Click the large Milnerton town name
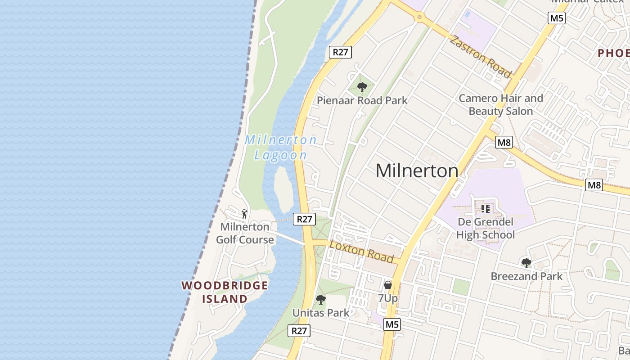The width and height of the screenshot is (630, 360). pos(417,171)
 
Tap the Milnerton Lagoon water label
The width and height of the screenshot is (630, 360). pos(281,148)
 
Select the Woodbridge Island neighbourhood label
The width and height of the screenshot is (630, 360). pos(225,292)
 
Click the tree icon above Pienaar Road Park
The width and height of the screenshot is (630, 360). pos(362,87)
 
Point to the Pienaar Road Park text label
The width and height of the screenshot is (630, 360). pos(362,100)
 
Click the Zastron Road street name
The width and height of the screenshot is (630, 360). pos(481,56)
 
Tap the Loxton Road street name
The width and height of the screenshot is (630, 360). pos(362,252)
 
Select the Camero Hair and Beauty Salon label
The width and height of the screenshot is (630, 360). pos(501,104)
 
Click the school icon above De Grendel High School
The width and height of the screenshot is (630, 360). pos(485,208)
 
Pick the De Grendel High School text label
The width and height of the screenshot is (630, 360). pos(486,228)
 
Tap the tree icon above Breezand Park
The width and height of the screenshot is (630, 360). pos(526,263)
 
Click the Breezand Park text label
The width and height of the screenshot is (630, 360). pos(526,276)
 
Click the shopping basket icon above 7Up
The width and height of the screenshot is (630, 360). pos(388,285)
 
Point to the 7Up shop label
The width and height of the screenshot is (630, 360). pos(388,298)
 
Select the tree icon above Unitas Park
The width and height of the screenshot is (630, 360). pos(320,299)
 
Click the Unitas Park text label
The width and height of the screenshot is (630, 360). pos(320,313)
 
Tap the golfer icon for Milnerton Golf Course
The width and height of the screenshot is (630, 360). pos(244,213)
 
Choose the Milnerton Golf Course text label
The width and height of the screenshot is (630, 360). pos(245,233)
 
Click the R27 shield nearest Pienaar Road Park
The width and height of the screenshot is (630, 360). pos(340,52)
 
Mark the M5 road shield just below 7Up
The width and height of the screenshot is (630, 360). pos(391,324)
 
